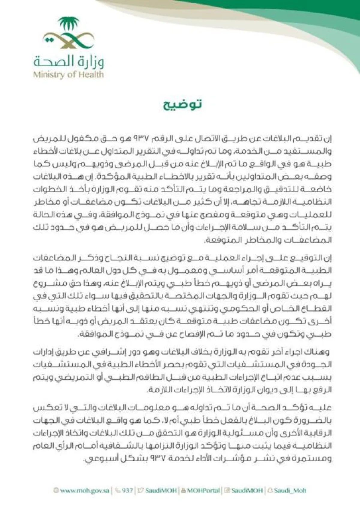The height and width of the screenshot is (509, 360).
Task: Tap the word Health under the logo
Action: (91, 74)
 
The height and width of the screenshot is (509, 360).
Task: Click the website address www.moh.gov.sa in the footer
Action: (85, 491)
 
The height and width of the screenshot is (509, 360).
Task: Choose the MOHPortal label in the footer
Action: (203, 491)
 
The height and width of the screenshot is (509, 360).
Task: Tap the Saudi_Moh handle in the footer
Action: (290, 491)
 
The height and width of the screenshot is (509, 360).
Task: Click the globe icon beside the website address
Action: (56, 491)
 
